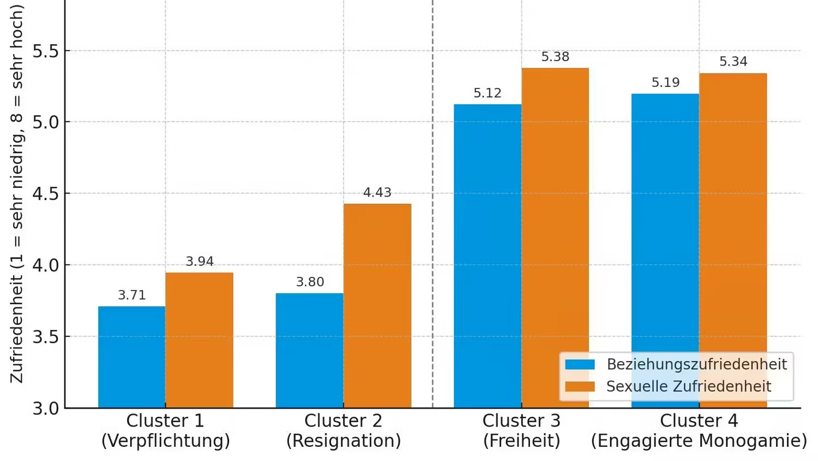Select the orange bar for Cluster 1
coord(200,340)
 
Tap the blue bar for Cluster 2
coord(310,350)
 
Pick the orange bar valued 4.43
coord(377,305)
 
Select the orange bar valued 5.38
coord(555,218)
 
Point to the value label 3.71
coord(132,295)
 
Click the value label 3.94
coord(200,262)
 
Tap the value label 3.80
coord(310,282)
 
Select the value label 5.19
coord(665,83)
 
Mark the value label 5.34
coord(733,62)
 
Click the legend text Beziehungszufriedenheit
coord(696,364)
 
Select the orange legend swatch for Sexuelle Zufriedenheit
coord(580,387)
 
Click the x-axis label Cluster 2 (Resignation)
coord(344,430)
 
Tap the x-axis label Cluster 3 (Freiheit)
coord(521,430)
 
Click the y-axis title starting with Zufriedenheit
coord(17,194)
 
